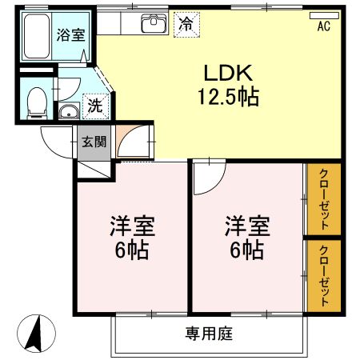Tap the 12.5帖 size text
(228, 98)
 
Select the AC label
(324, 27)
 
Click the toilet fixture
(35, 99)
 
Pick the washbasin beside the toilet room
(70, 112)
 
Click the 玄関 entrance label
(94, 143)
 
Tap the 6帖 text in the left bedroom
(132, 250)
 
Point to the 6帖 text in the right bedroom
(246, 250)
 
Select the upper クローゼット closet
(324, 199)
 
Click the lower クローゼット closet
(324, 275)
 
